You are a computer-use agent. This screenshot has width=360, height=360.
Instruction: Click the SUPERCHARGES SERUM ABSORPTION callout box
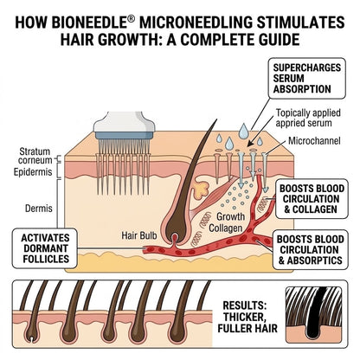pyautogui.click(x=306, y=78)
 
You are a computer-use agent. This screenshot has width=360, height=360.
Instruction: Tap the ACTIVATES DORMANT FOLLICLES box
pyautogui.click(x=45, y=248)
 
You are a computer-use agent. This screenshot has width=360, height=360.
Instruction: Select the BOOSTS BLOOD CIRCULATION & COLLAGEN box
pyautogui.click(x=312, y=199)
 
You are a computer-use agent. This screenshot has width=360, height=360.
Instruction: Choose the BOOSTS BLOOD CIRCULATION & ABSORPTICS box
pyautogui.click(x=310, y=250)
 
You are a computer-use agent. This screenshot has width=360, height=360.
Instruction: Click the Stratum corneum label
pyautogui.click(x=35, y=156)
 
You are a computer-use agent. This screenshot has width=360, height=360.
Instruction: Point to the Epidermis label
pyautogui.click(x=33, y=172)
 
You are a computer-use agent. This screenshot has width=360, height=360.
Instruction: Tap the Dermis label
pyautogui.click(x=39, y=209)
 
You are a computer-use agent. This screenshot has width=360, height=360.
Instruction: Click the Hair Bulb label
pyautogui.click(x=139, y=235)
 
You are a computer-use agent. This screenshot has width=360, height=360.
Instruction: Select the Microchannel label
pyautogui.click(x=314, y=141)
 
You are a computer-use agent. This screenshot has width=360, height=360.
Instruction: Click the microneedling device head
pyautogui.click(x=124, y=125)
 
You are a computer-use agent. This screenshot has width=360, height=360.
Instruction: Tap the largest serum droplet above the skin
pyautogui.click(x=243, y=131)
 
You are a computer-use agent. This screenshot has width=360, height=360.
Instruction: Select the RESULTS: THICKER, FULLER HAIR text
pyautogui.click(x=247, y=317)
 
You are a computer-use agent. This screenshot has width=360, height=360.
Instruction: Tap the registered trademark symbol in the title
pyautogui.click(x=131, y=19)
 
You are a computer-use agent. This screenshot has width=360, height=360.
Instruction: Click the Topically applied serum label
pyautogui.click(x=308, y=118)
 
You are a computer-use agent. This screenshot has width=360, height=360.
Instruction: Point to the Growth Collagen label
pyautogui.click(x=226, y=222)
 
